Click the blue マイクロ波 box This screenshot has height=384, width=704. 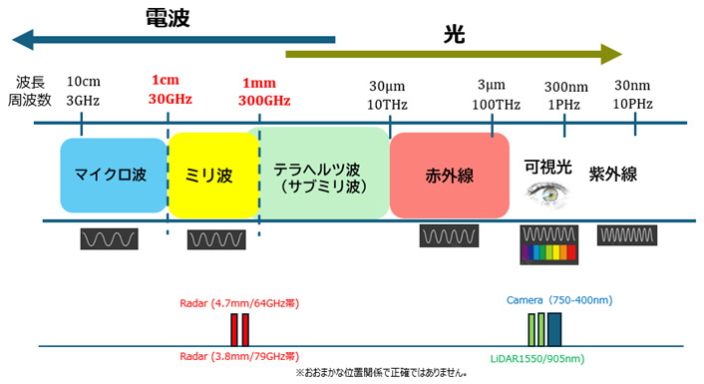click(x=114, y=176)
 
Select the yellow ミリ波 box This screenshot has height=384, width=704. click(x=213, y=176)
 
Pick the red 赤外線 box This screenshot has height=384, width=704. click(x=450, y=176)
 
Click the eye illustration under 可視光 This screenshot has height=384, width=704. click(x=546, y=194)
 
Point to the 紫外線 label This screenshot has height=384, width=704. click(x=613, y=175)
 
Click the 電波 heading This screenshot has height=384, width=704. click(x=168, y=18)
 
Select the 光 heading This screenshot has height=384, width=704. click(x=454, y=34)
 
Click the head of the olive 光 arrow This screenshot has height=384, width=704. click(x=621, y=54)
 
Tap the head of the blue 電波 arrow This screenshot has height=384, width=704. click(x=14, y=40)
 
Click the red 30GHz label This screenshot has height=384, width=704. click(x=171, y=99)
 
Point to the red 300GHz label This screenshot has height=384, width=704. click(x=264, y=100)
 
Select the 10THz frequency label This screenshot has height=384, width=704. click(x=387, y=105)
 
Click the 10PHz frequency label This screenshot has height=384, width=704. click(x=632, y=104)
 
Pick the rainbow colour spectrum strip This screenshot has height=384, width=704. click(x=549, y=252)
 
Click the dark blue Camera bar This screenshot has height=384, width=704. click(x=554, y=330)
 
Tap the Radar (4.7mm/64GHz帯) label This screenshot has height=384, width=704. click(x=239, y=303)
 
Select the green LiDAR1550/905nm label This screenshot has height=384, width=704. click(x=537, y=359)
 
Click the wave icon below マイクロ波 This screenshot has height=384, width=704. click(x=109, y=239)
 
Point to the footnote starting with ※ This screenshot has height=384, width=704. click(x=381, y=373)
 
